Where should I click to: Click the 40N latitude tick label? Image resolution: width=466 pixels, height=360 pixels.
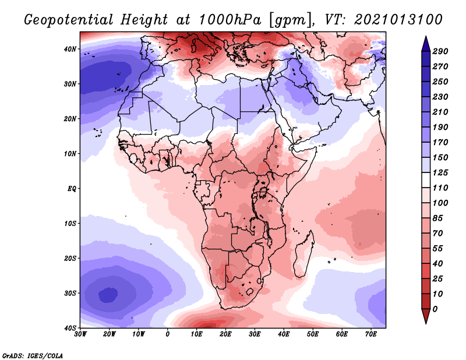(70, 49)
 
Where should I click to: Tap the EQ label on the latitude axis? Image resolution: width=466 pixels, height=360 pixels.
(72, 189)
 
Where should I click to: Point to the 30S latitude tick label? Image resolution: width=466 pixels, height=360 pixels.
(70, 293)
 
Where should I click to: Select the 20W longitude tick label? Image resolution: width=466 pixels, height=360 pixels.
(109, 334)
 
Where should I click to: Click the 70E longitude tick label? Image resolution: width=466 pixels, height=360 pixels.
(370, 334)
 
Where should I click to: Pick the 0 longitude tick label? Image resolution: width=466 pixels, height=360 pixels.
(167, 334)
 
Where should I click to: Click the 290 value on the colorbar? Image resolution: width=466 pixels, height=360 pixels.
(440, 51)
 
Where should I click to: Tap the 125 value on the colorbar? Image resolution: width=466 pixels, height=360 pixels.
(440, 172)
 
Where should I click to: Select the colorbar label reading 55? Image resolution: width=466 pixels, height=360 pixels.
(437, 249)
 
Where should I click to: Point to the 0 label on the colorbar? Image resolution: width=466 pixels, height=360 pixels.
(435, 309)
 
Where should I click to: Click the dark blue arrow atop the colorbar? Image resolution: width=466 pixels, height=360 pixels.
(426, 44)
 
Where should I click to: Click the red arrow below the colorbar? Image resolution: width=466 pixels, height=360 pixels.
(426, 316)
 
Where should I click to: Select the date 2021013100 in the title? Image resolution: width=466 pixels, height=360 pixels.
(398, 20)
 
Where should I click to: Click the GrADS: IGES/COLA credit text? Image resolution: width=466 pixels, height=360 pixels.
(33, 356)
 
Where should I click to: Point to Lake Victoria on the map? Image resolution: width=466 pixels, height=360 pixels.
(263, 191)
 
